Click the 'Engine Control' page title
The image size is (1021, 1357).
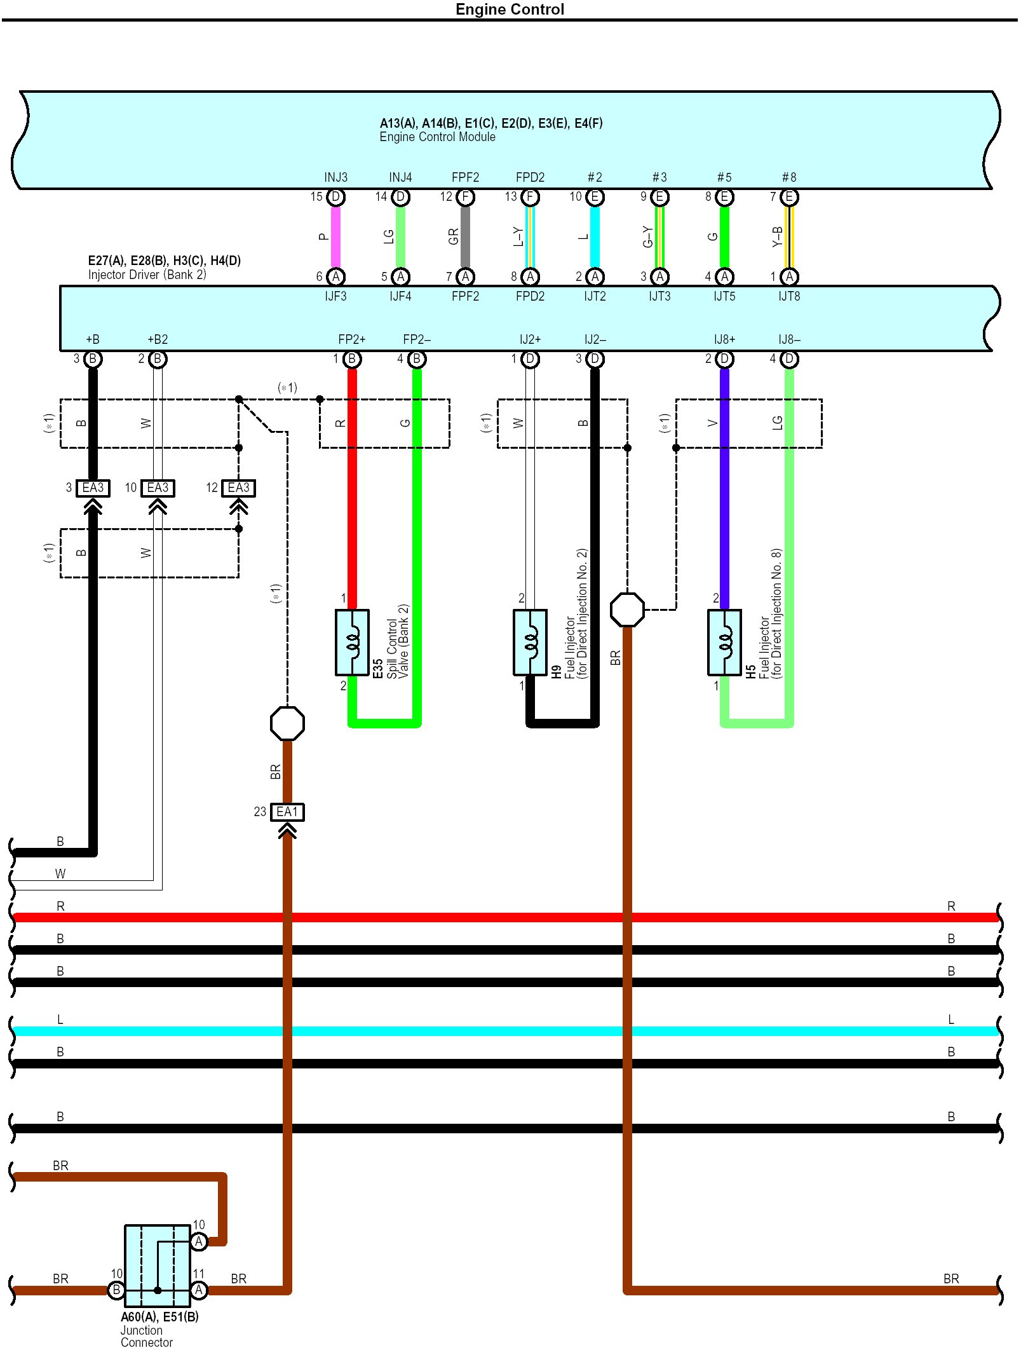click(x=510, y=9)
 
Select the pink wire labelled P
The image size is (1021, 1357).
click(x=335, y=236)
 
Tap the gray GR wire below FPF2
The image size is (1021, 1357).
click(x=465, y=236)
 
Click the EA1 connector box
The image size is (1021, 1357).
click(x=287, y=812)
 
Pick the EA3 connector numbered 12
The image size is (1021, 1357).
click(x=239, y=488)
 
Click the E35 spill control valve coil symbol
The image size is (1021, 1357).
click(x=352, y=643)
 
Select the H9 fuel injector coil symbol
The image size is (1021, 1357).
click(x=530, y=643)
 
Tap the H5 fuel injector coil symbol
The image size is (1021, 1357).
click(x=724, y=643)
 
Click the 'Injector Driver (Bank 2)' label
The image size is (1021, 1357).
click(x=147, y=275)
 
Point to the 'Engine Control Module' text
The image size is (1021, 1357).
click(x=437, y=137)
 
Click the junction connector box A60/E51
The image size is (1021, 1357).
click(x=158, y=1265)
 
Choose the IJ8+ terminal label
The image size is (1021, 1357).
click(x=724, y=339)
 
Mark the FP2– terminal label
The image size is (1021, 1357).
click(x=417, y=339)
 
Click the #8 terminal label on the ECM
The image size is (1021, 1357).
click(x=789, y=177)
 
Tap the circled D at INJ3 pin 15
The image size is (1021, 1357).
click(x=336, y=197)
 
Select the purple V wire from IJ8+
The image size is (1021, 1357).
click(x=724, y=489)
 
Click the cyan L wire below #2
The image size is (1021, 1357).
click(x=595, y=236)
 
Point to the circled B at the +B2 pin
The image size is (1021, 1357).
click(x=158, y=359)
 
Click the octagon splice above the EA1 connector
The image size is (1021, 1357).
click(x=287, y=723)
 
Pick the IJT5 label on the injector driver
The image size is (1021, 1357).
click(x=724, y=296)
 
